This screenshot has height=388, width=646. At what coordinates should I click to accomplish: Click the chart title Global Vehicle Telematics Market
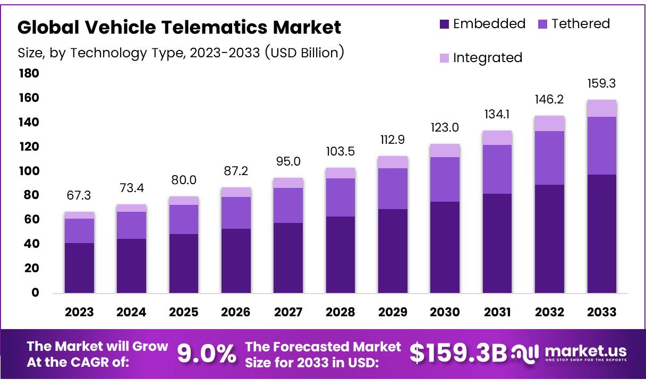pos(179,27)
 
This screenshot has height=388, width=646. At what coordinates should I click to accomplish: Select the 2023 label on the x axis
pos(79,312)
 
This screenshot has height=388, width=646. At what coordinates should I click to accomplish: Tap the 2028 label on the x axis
pos(341,312)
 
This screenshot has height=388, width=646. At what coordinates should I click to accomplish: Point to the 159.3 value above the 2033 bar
pos(602,84)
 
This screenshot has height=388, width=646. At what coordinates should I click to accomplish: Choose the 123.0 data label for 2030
pos(445,128)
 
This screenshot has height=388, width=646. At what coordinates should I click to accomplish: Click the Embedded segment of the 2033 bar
pos(602,234)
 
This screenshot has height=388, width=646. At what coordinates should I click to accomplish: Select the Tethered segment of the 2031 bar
pos(497,169)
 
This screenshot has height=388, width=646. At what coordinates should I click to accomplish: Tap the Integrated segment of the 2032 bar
pos(550,123)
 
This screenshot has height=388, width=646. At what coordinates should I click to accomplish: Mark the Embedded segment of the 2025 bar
pos(184,263)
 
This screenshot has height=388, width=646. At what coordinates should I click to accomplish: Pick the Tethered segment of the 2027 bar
pos(288,205)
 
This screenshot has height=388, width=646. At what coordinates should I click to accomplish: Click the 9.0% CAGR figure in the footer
pos(207,354)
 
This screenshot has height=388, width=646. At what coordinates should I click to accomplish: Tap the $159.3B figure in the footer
pos(458,354)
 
